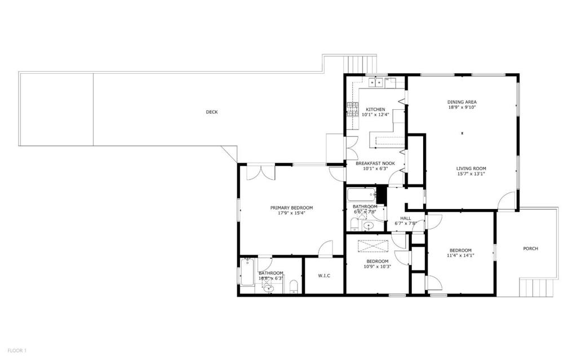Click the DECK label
pyautogui.click(x=211, y=112)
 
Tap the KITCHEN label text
pyautogui.click(x=375, y=109)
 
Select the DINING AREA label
pyautogui.click(x=462, y=102)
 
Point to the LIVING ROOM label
pyautogui.click(x=471, y=168)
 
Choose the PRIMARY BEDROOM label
pyautogui.click(x=291, y=208)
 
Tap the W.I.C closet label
pyautogui.click(x=323, y=275)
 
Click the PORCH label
pyautogui.click(x=530, y=248)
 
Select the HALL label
pyautogui.click(x=406, y=218)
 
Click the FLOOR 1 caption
pyautogui.click(x=16, y=350)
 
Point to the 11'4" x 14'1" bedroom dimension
pyautogui.click(x=460, y=255)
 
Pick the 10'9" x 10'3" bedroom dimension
pyautogui.click(x=377, y=266)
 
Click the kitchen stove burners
pyautogui.click(x=353, y=109)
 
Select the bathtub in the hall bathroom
pyautogui.click(x=361, y=195)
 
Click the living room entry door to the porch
pyautogui.click(x=507, y=202)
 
